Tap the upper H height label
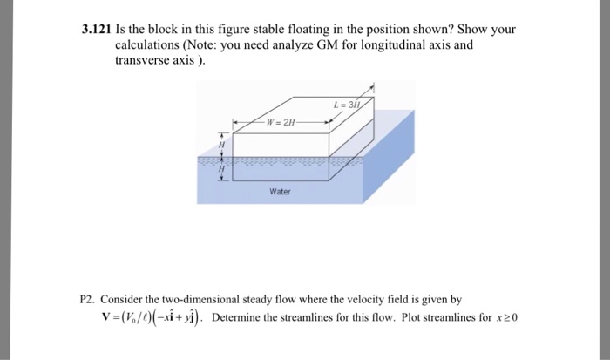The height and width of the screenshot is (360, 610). [x=222, y=146]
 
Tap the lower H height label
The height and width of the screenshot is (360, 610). [x=222, y=169]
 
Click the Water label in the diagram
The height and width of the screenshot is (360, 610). [x=279, y=191]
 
